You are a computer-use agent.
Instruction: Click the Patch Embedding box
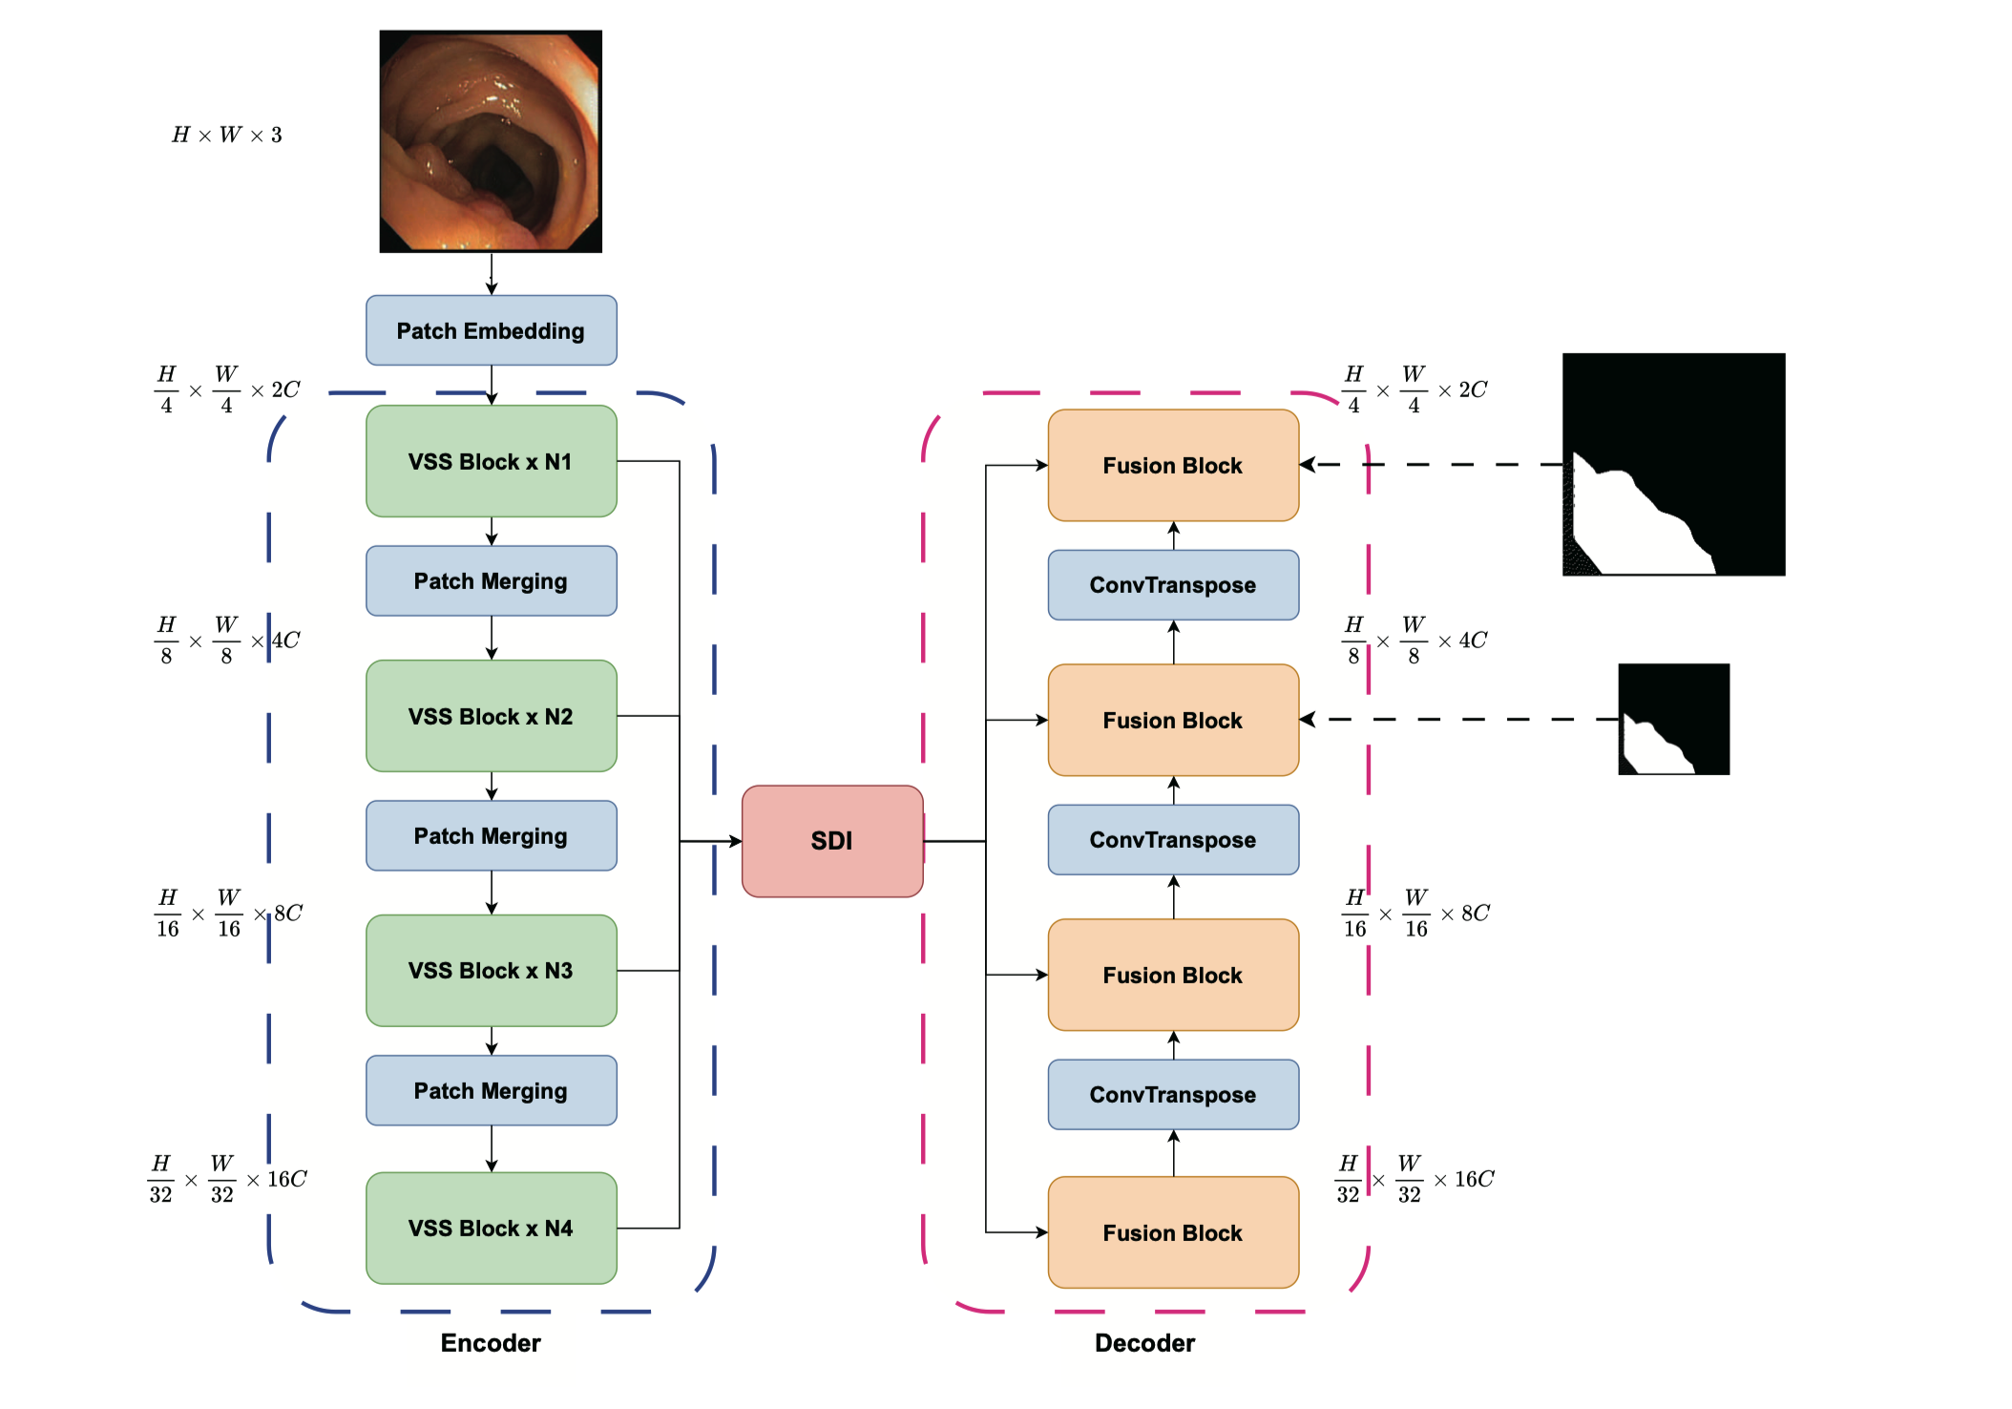coord(491,330)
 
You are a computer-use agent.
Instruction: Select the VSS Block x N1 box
coord(491,461)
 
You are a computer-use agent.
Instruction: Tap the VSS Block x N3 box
coord(491,971)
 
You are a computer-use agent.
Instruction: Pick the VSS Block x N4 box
coord(491,1228)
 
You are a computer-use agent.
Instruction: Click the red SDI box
coord(831,841)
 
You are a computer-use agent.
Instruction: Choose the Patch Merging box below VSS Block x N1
coord(491,581)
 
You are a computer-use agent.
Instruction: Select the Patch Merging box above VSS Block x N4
coord(491,1090)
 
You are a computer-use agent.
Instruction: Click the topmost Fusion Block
coord(1173,466)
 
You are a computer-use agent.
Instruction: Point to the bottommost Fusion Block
coord(1173,1232)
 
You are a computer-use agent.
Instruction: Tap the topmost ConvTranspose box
coord(1173,585)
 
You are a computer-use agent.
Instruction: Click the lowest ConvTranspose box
coord(1173,1094)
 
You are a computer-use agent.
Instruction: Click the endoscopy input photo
coord(491,141)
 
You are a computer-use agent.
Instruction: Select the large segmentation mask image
coord(1673,464)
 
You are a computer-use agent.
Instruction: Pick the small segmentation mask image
coord(1673,719)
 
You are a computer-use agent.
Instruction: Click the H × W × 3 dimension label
coord(227,135)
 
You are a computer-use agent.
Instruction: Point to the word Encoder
coord(491,1343)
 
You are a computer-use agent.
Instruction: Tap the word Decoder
coord(1144,1343)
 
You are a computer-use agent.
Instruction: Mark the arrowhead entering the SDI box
coord(735,841)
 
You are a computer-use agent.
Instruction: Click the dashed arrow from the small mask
coord(1460,719)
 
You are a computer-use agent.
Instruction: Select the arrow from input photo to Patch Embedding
coord(492,274)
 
